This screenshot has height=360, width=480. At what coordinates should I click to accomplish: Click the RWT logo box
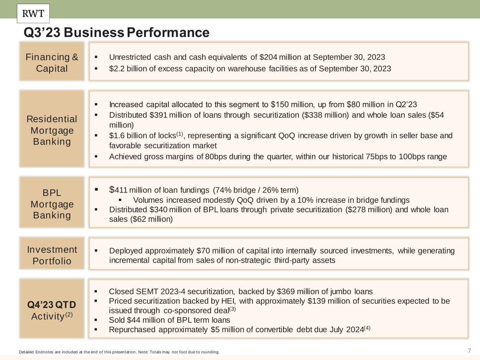coord(33,13)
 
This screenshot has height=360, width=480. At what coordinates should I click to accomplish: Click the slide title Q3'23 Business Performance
coord(116,33)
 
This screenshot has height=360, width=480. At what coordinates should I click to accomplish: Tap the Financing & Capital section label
coord(52,62)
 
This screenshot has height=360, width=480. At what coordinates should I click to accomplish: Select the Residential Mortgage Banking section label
coord(52,130)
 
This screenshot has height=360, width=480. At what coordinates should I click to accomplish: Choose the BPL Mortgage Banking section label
coord(52,204)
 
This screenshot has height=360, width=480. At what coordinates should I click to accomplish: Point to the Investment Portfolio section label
coord(52,255)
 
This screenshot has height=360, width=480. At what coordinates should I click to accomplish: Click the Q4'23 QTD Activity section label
coord(52,310)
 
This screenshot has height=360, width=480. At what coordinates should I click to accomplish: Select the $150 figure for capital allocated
coord(279,105)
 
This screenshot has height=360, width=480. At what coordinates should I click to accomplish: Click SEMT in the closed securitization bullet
coord(147,291)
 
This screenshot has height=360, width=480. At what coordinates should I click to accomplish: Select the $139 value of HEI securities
coord(315,301)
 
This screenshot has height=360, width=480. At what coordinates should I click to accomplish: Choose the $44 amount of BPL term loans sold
coord(133,320)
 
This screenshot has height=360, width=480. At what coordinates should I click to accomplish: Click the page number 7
coord(469,351)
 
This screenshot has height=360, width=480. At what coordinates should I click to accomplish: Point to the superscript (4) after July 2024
coord(367,328)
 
